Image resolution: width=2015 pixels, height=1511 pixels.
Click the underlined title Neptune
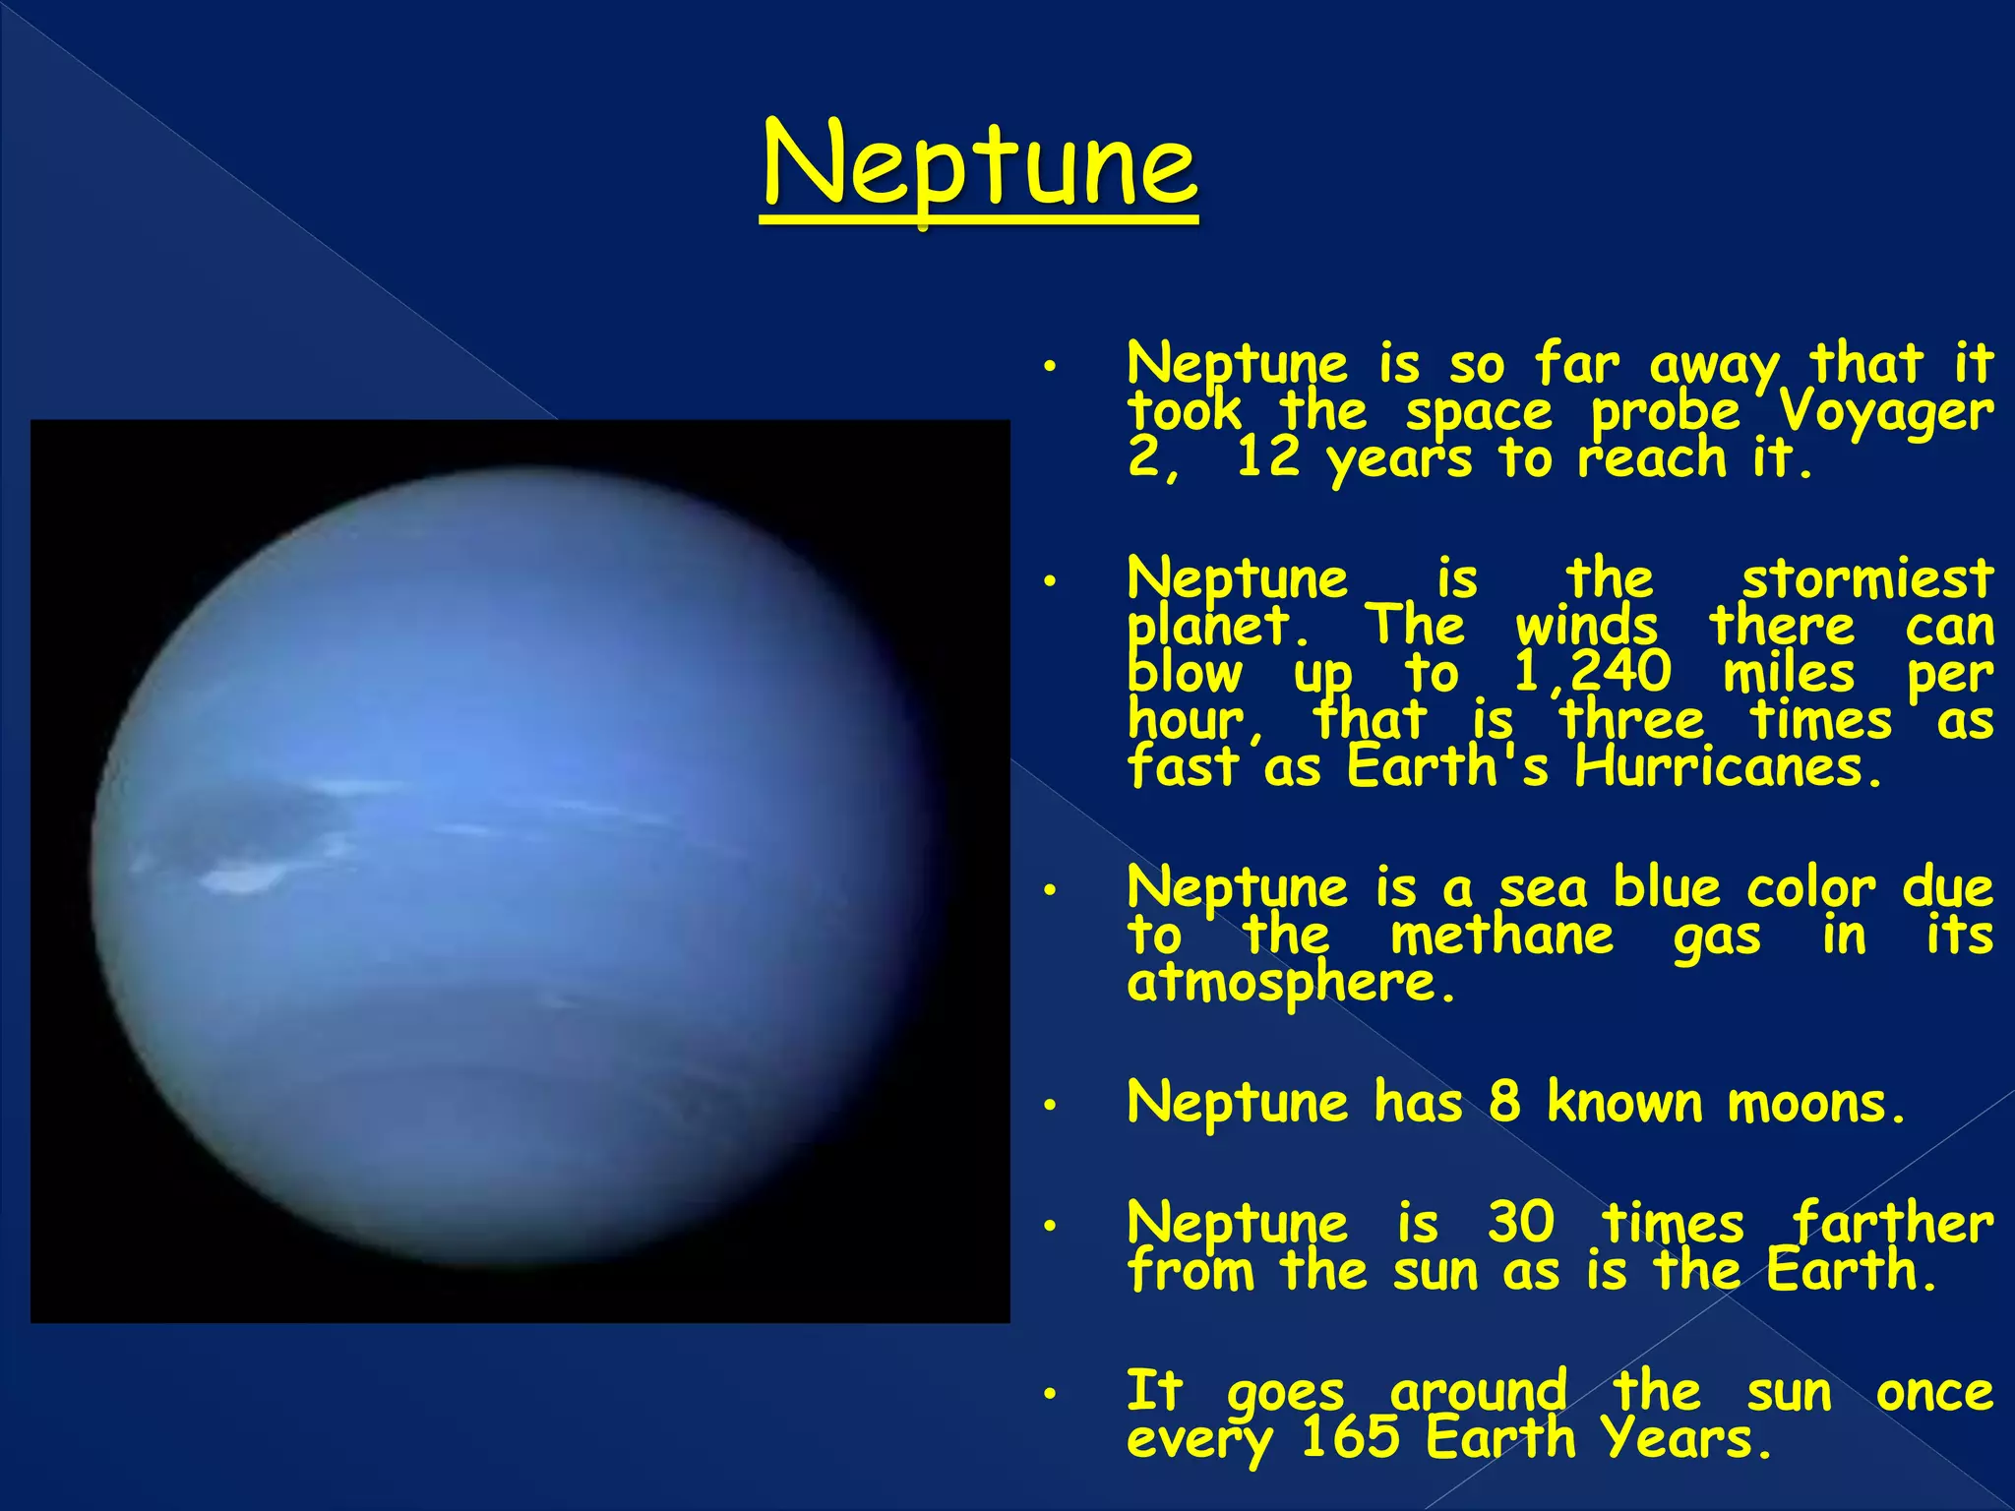980,165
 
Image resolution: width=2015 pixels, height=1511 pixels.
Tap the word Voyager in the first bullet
1887,411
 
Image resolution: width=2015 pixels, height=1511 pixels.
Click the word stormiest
1867,578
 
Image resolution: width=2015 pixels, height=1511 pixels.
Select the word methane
1501,936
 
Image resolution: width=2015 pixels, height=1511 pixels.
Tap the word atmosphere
1290,983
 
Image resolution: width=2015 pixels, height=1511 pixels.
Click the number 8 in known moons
1504,1102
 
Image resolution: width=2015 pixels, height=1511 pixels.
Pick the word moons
1816,1104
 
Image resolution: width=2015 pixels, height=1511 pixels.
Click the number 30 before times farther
1521,1223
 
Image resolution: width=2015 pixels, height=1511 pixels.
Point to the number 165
1349,1438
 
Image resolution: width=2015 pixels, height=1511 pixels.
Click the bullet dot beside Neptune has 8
1050,1107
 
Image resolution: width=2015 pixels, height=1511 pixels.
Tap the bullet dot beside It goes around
1050,1395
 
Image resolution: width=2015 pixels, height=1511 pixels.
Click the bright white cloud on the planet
241,876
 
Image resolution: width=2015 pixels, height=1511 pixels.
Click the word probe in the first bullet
1665,411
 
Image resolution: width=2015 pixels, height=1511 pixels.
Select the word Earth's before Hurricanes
1447,767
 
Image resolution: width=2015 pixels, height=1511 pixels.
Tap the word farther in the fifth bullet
1891,1223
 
